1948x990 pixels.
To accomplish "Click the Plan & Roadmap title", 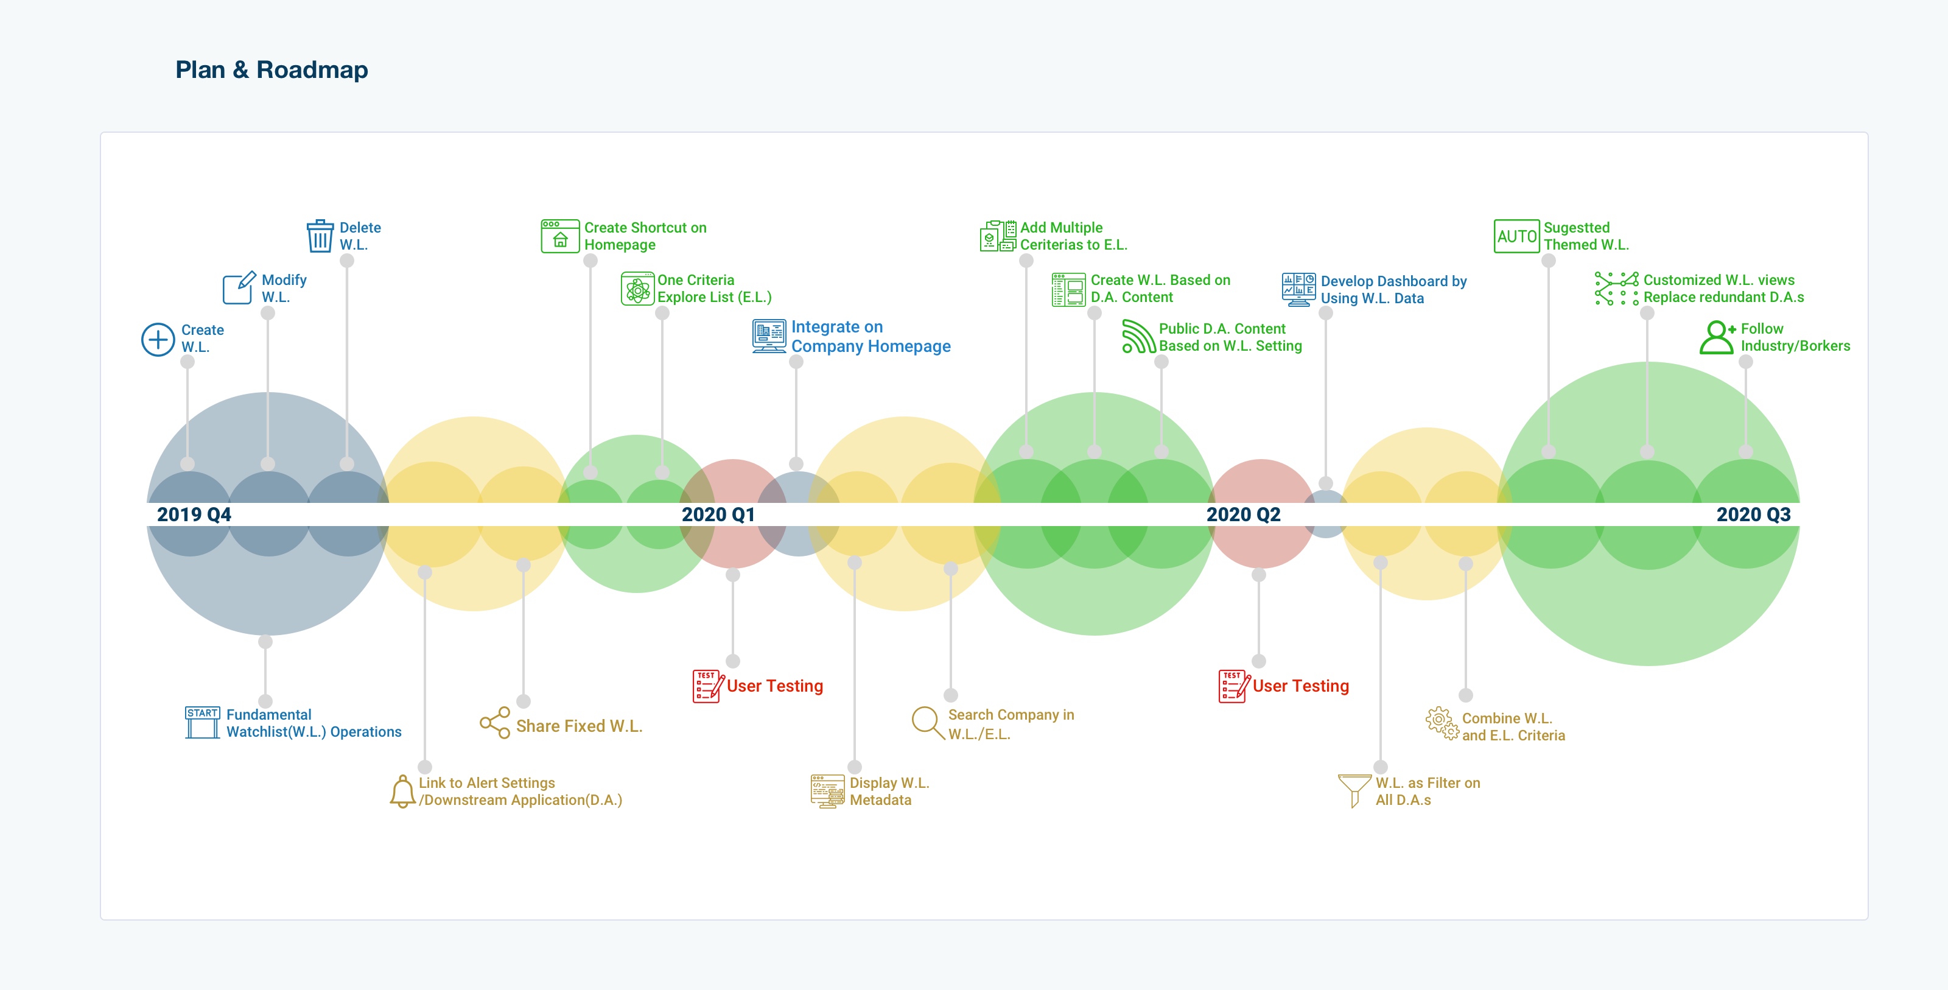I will point(272,69).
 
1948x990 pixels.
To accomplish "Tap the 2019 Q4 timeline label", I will point(194,514).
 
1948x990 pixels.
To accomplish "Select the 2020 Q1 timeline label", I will point(718,514).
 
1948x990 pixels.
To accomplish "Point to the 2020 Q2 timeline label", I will point(1243,514).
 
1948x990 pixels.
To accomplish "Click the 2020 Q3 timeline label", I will point(1753,514).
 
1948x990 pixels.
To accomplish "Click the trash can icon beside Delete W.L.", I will point(320,236).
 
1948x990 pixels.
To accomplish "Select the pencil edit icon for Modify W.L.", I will point(238,288).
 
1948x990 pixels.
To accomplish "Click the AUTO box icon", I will point(1516,236).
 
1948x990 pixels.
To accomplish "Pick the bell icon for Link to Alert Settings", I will point(402,791).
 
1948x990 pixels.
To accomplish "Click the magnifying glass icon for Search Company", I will point(927,722).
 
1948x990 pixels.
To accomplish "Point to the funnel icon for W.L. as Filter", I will point(1354,790).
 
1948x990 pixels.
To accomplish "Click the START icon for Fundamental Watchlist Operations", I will point(203,722).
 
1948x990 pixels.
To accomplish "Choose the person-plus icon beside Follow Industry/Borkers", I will point(1717,337).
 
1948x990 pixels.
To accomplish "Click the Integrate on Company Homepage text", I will point(871,337).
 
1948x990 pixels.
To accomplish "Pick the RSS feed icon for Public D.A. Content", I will point(1138,337).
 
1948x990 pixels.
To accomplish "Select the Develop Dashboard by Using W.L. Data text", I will point(1393,290).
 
